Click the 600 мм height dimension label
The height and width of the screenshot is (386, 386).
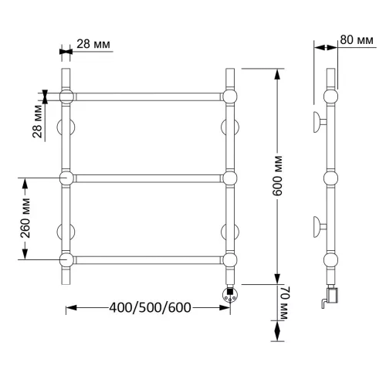(x=277, y=176)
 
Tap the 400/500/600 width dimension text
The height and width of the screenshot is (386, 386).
(x=150, y=307)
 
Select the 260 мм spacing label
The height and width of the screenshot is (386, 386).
(x=25, y=218)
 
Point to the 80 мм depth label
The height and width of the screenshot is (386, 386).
(x=357, y=40)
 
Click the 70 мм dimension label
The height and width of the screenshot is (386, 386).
(x=283, y=303)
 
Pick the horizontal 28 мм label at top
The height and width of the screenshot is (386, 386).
(x=93, y=44)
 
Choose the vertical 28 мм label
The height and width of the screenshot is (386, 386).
(x=38, y=121)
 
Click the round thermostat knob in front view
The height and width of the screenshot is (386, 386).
(x=230, y=294)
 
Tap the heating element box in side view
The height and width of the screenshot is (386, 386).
(x=332, y=296)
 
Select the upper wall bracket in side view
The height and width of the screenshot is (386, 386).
(x=319, y=122)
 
